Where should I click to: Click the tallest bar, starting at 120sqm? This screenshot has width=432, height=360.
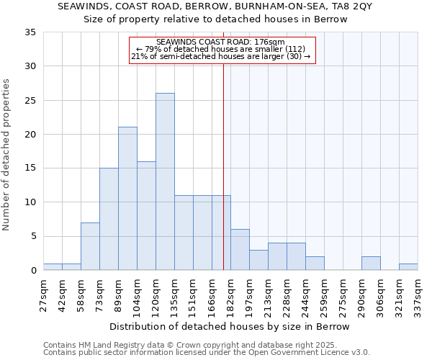pyautogui.click(x=165, y=181)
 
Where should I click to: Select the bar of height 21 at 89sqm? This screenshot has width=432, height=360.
pyautogui.click(x=127, y=199)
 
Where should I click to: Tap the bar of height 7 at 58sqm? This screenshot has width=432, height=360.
pyautogui.click(x=90, y=246)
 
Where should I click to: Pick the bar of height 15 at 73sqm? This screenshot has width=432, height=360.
pyautogui.click(x=109, y=219)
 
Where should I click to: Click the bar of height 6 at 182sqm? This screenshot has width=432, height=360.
pyautogui.click(x=240, y=250)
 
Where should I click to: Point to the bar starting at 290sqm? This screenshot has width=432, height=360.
pyautogui.click(x=371, y=264)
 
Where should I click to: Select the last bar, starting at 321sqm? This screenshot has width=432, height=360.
pyautogui.click(x=408, y=267)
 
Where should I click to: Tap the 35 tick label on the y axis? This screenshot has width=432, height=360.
pyautogui.click(x=30, y=32)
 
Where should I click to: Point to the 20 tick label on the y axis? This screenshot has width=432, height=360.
pyautogui.click(x=30, y=135)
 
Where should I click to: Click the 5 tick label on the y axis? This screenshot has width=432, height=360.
pyautogui.click(x=33, y=236)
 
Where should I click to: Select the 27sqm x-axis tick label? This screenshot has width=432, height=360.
pyautogui.click(x=44, y=296)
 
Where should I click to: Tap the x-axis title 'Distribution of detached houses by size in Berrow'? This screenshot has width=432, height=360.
pyautogui.click(x=230, y=326)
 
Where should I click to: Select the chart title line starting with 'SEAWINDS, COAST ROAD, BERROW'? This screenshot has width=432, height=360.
pyautogui.click(x=215, y=6)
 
